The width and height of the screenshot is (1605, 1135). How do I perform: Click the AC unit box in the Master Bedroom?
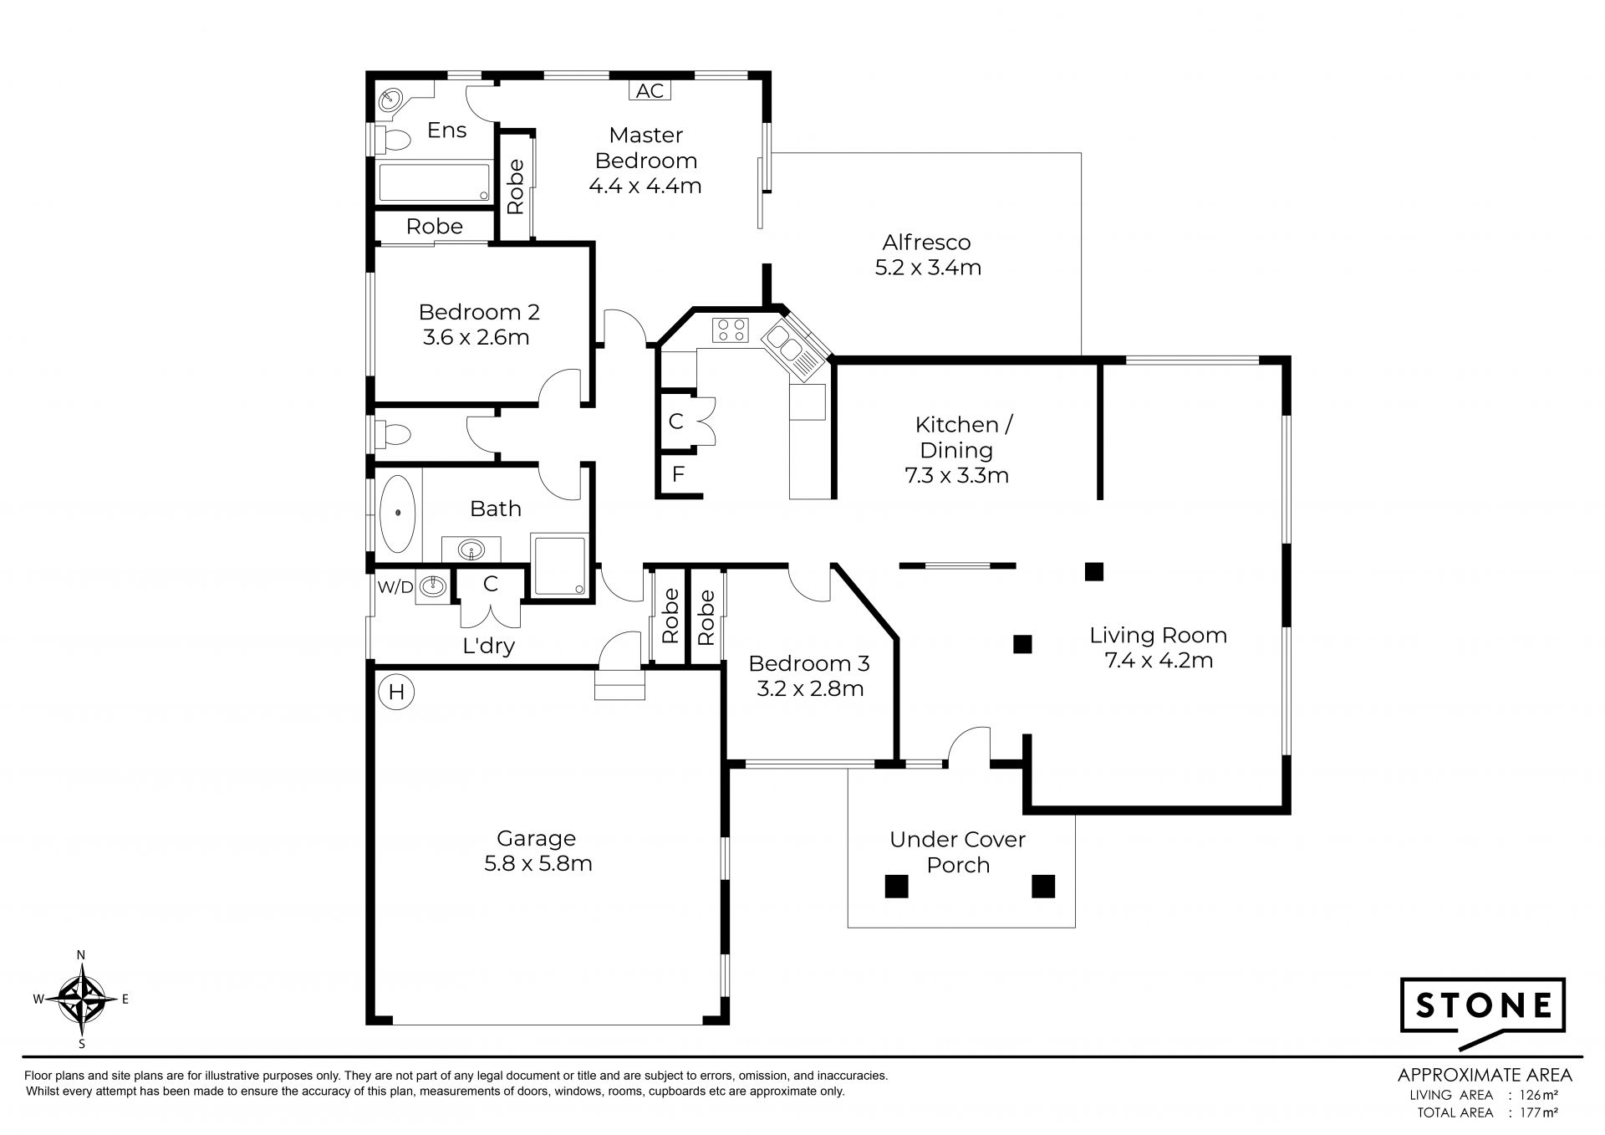[650, 90]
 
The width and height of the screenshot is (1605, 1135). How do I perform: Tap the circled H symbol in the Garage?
[396, 692]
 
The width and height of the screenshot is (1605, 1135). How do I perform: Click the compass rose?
[81, 999]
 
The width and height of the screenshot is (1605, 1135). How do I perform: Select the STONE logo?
[1482, 1019]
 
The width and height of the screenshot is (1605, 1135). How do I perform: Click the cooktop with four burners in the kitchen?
[731, 330]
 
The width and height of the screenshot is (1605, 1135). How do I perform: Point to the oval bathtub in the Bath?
[397, 512]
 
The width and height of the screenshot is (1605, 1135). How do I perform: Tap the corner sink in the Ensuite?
[390, 101]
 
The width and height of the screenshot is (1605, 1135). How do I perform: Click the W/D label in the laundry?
[395, 587]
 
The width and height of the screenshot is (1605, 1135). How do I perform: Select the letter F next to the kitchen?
[678, 475]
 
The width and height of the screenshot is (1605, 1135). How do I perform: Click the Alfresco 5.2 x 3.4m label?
[927, 255]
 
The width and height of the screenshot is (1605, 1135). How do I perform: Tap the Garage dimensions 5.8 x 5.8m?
[538, 863]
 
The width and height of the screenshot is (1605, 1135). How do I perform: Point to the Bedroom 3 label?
[809, 664]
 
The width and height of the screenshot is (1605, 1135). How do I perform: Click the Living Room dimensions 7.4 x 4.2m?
[1159, 661]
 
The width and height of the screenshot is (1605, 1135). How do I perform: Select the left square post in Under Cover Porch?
[896, 886]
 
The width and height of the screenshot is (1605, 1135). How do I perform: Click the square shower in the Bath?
[559, 565]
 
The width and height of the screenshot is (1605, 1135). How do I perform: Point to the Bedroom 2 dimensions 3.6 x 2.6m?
[476, 338]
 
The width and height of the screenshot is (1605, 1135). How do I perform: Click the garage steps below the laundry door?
[620, 683]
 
